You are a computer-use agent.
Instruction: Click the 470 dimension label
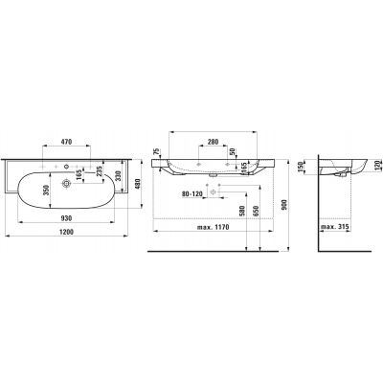click(59, 143)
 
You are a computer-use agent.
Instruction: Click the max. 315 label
click(339, 226)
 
